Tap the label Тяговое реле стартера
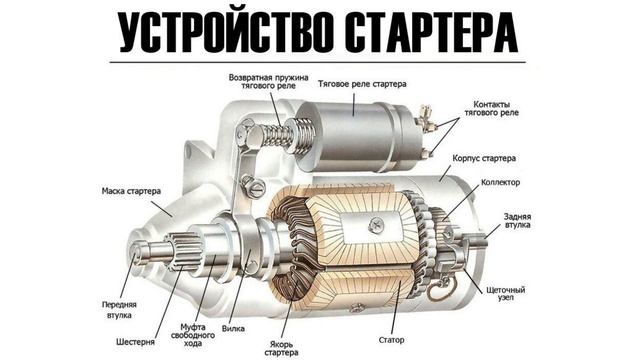click(362, 84)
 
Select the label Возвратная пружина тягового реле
click(269, 82)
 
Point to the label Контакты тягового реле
click(491, 108)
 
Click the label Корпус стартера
click(484, 158)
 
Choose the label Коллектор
click(500, 182)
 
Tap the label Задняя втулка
click(518, 220)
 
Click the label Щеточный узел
click(506, 293)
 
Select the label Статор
click(391, 340)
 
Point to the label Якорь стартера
click(281, 348)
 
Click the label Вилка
click(233, 328)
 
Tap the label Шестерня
click(136, 342)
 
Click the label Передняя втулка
click(119, 310)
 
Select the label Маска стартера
click(131, 191)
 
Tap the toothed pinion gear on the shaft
click(186, 251)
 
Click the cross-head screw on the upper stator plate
click(375, 225)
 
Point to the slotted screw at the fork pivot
click(254, 187)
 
